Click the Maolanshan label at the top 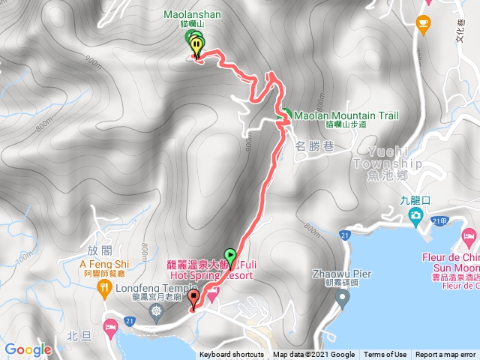coord(191,13)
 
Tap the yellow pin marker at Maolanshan coord(196,46)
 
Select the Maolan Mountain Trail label coord(346,115)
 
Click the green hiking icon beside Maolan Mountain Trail coord(286,115)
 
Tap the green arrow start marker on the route coord(229,255)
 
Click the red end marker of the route coord(194,298)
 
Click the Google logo coord(28,349)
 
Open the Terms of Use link coord(385,355)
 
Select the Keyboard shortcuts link coord(232,355)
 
